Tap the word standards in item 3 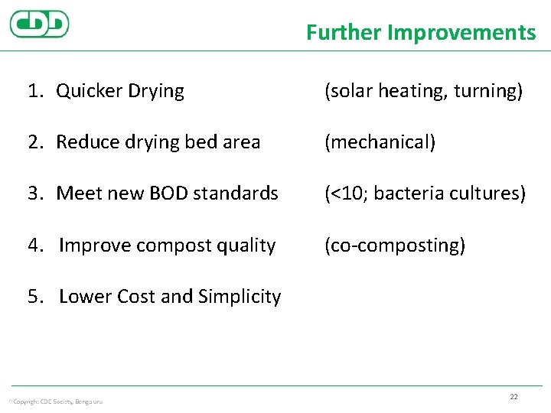click(x=238, y=193)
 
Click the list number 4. click(x=34, y=246)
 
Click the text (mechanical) click(x=380, y=142)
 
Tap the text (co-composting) click(x=394, y=246)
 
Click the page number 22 click(x=514, y=396)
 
